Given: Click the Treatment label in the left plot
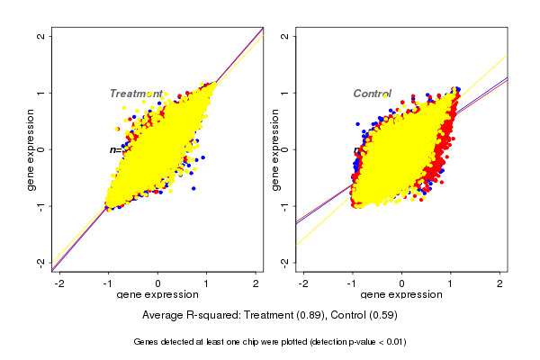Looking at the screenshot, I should pyautogui.click(x=136, y=94).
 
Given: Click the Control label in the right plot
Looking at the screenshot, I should pyautogui.click(x=372, y=94).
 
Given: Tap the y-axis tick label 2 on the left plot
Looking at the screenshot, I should pyautogui.click(x=41, y=36).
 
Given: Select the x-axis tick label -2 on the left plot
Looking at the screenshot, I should pyautogui.click(x=58, y=283).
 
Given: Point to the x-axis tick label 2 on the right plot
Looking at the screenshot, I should pyautogui.click(x=500, y=283).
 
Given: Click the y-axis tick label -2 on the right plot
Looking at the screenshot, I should pyautogui.click(x=285, y=262).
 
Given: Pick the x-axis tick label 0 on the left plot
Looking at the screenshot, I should pyautogui.click(x=158, y=283).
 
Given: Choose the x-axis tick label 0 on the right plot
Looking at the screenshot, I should pyautogui.click(x=402, y=283).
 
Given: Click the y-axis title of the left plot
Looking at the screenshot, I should pyautogui.click(x=31, y=149).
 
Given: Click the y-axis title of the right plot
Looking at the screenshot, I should pyautogui.click(x=274, y=149).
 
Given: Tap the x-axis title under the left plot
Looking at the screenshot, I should pyautogui.click(x=158, y=295).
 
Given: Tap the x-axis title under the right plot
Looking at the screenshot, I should pyautogui.click(x=401, y=295).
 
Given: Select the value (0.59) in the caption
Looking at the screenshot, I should pyautogui.click(x=382, y=316).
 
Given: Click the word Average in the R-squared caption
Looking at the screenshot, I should pyautogui.click(x=164, y=316).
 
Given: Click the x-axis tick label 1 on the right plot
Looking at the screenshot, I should pyautogui.click(x=451, y=283).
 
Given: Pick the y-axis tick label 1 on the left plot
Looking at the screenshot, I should pyautogui.click(x=41, y=93).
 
